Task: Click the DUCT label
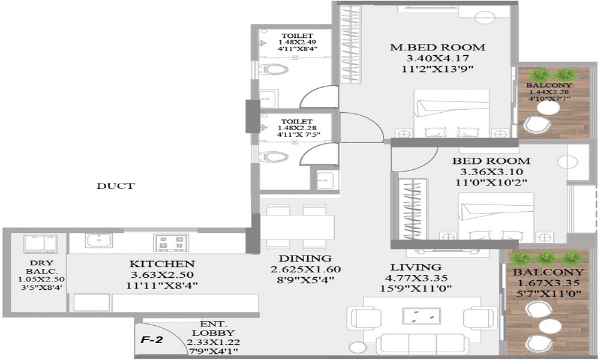click(116, 187)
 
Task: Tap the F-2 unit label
click(152, 340)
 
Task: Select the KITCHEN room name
click(162, 263)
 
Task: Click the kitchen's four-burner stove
click(171, 242)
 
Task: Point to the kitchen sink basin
click(99, 241)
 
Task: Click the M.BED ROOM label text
click(437, 47)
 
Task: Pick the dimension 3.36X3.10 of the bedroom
click(491, 172)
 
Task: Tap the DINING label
click(305, 258)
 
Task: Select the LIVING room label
click(416, 267)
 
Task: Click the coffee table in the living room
click(421, 316)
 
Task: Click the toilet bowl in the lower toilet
click(273, 157)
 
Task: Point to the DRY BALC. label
click(41, 267)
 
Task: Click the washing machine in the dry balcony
click(40, 244)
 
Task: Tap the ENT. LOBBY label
click(213, 328)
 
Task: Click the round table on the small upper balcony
click(548, 108)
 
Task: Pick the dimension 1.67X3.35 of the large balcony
click(549, 283)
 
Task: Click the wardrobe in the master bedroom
click(350, 44)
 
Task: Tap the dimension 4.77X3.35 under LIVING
click(416, 278)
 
